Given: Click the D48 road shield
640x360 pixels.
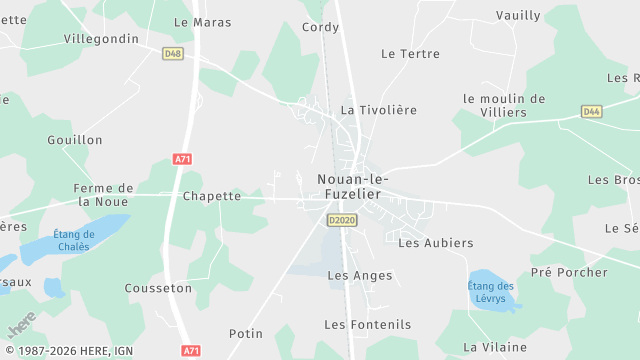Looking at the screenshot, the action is (x=172, y=53).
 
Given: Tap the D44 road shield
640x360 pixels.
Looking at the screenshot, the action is (x=592, y=112).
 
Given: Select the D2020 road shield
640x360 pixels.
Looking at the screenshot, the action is (x=341, y=220).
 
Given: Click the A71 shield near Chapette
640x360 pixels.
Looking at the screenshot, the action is (x=182, y=159).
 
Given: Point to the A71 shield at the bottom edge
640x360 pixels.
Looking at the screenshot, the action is (x=191, y=351).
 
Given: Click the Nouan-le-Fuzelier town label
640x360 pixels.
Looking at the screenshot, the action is (x=353, y=186).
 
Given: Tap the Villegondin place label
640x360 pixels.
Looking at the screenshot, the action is (x=101, y=38).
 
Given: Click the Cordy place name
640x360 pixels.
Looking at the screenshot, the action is (x=321, y=27).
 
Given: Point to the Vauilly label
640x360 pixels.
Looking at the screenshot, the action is (x=519, y=15).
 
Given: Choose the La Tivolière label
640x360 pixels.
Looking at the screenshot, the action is (x=379, y=110).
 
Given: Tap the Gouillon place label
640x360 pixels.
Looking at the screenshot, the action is (x=75, y=140).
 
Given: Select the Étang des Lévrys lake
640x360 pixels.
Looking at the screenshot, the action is (x=491, y=291).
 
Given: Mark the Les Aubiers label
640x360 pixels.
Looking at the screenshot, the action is (x=436, y=243).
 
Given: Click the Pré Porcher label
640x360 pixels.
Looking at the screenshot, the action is (x=569, y=272).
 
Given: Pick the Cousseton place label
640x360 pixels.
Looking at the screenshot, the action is (x=158, y=288).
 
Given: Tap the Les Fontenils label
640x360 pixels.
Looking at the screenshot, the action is (x=368, y=324).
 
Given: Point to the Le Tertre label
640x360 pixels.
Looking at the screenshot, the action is (x=411, y=53).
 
